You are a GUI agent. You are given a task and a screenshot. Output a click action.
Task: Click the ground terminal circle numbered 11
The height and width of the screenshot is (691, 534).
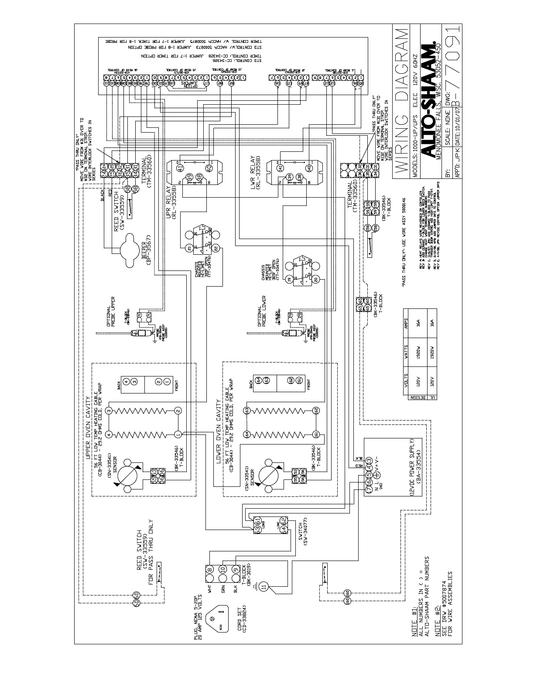click(263, 587)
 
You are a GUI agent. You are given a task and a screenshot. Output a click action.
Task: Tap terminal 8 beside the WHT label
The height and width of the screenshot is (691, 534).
click(210, 569)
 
